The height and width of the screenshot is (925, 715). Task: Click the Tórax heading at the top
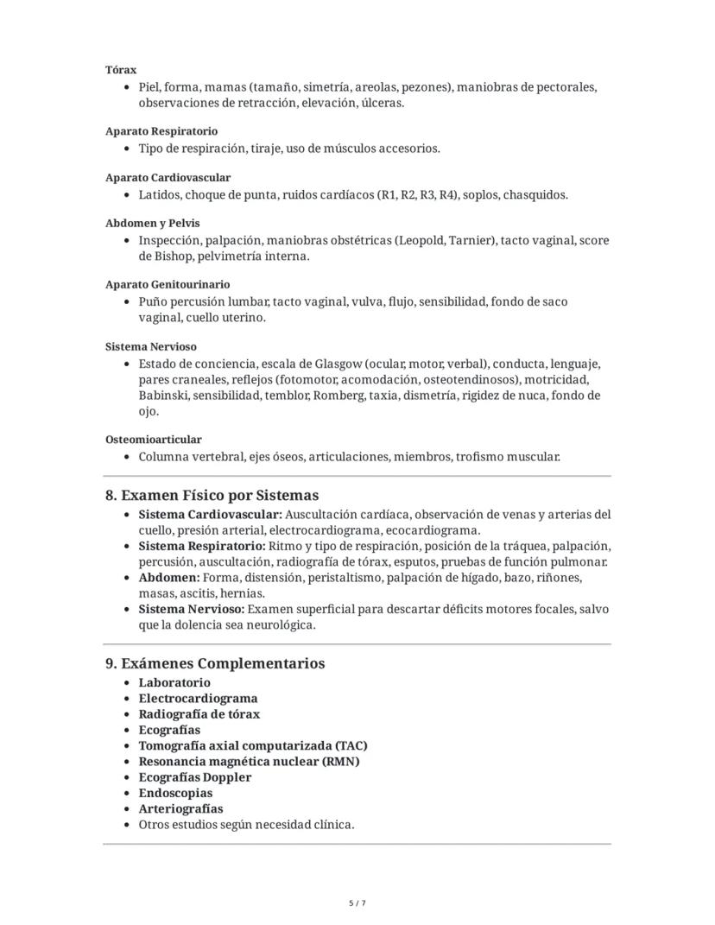pos(121,70)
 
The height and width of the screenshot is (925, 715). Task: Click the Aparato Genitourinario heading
pos(168,284)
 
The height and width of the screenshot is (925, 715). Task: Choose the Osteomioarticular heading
pos(154,440)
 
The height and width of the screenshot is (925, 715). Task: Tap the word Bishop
pos(173,257)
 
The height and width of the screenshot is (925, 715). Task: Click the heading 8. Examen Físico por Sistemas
pos(212,496)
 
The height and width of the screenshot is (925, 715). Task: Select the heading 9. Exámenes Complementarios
pos(215,663)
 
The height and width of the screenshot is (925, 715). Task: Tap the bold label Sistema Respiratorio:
pos(202,546)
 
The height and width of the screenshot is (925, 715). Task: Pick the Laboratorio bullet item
pos(174,682)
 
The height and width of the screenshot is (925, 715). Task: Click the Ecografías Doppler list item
pos(195,777)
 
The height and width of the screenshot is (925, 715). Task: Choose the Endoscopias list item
pos(175,793)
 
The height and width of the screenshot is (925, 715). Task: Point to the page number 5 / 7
pos(357,903)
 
